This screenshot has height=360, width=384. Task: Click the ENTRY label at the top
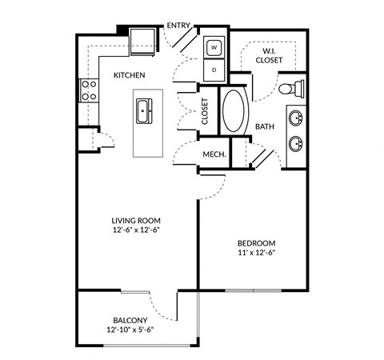point(178,26)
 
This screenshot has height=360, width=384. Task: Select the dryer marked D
point(214,70)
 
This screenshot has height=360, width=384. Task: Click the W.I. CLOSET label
point(269,54)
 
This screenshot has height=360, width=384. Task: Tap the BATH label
point(265,126)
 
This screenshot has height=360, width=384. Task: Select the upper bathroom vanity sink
point(296,118)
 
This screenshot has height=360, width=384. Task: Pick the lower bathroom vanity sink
point(296,144)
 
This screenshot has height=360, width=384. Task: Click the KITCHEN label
point(129,75)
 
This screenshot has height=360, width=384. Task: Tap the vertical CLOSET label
point(205,112)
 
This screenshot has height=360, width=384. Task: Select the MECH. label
point(213,154)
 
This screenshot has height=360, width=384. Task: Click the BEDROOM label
point(256,242)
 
